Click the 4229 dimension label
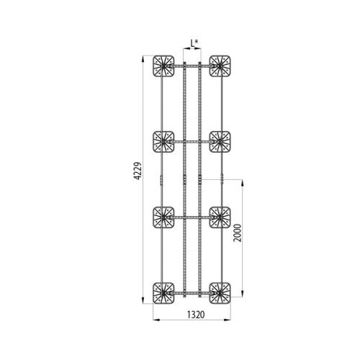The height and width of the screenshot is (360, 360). point(138,171)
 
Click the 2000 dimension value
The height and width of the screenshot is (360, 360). point(238,233)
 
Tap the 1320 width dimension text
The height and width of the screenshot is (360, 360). point(196,315)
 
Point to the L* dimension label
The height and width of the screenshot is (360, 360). point(194,43)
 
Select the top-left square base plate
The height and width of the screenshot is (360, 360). point(163,66)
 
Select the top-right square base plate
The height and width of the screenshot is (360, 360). point(220,66)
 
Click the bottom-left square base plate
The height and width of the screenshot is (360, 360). point(163,293)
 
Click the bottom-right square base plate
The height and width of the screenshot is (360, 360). point(220,293)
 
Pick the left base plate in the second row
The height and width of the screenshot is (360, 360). point(163,142)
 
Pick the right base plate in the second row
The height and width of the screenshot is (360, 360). point(220,142)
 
